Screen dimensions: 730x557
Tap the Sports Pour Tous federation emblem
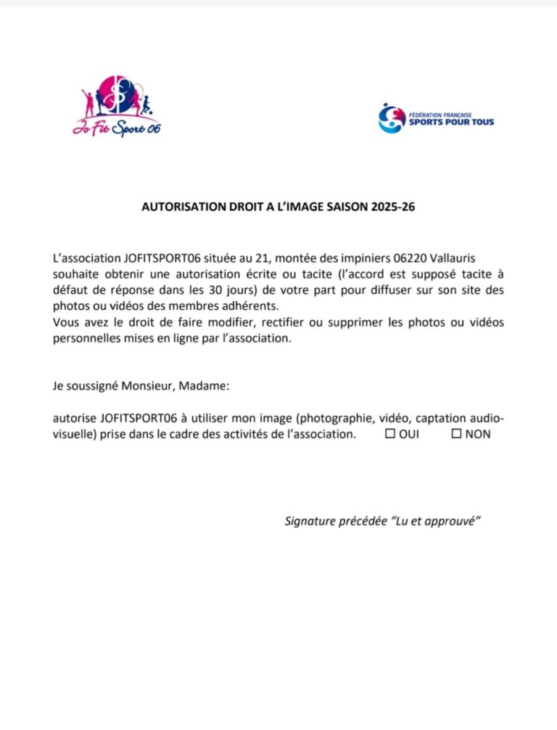[392, 118]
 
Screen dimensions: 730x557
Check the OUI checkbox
[389, 434]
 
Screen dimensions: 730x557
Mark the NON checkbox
[456, 434]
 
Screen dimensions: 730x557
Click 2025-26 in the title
[392, 207]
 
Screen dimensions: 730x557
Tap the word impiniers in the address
[382, 258]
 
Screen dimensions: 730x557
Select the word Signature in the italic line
[311, 521]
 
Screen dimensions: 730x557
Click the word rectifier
[265, 322]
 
